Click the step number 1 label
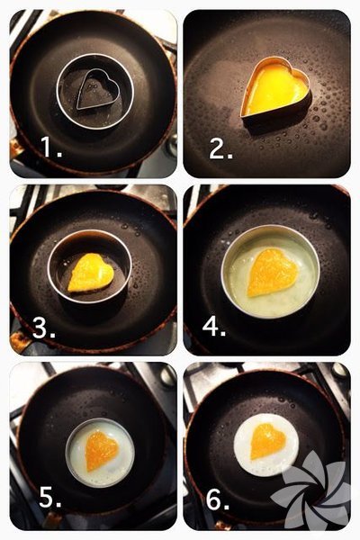(51, 147)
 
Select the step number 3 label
(44, 328)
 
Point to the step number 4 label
(214, 326)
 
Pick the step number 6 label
(218, 499)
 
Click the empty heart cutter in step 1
(98, 89)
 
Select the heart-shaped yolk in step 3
(91, 273)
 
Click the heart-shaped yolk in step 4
(272, 273)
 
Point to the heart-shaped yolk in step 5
(102, 450)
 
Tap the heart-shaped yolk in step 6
(267, 442)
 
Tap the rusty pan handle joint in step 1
(16, 148)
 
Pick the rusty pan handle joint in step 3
(20, 340)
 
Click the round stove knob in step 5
(167, 376)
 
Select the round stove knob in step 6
(339, 371)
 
